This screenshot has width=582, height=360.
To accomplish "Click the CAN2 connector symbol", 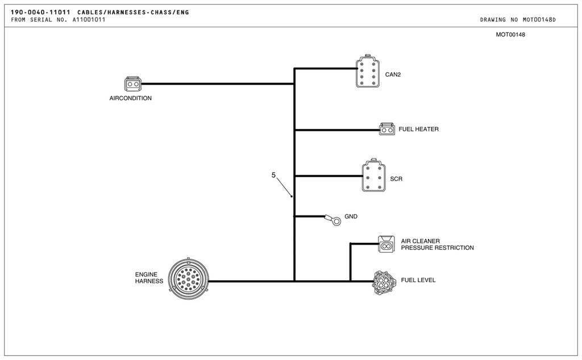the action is point(368,71).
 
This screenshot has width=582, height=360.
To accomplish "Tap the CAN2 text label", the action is point(393,75).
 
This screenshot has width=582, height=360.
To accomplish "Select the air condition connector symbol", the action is point(132,84).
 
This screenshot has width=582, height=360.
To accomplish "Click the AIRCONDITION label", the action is point(130,98).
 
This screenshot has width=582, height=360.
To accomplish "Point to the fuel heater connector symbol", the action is point(386,129).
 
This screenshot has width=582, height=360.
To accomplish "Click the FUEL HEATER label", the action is point(418,129).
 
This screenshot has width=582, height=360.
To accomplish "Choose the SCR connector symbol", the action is point(373,176).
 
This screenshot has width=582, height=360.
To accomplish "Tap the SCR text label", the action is point(396,179).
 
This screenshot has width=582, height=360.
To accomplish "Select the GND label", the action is point(351,216).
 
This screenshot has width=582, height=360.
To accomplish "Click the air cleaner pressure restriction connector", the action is point(386,244).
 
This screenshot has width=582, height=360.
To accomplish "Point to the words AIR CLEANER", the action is point(420,241).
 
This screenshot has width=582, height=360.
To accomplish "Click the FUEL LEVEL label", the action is point(418,280).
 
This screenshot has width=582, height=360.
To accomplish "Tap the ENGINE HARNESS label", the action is point(149,278).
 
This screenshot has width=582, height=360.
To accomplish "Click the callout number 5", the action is point(273,175).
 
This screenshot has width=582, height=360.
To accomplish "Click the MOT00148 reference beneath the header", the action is point(510,35).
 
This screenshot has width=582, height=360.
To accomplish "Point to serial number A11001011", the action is point(89,20).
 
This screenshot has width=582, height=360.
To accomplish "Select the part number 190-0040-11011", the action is point(40,13).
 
